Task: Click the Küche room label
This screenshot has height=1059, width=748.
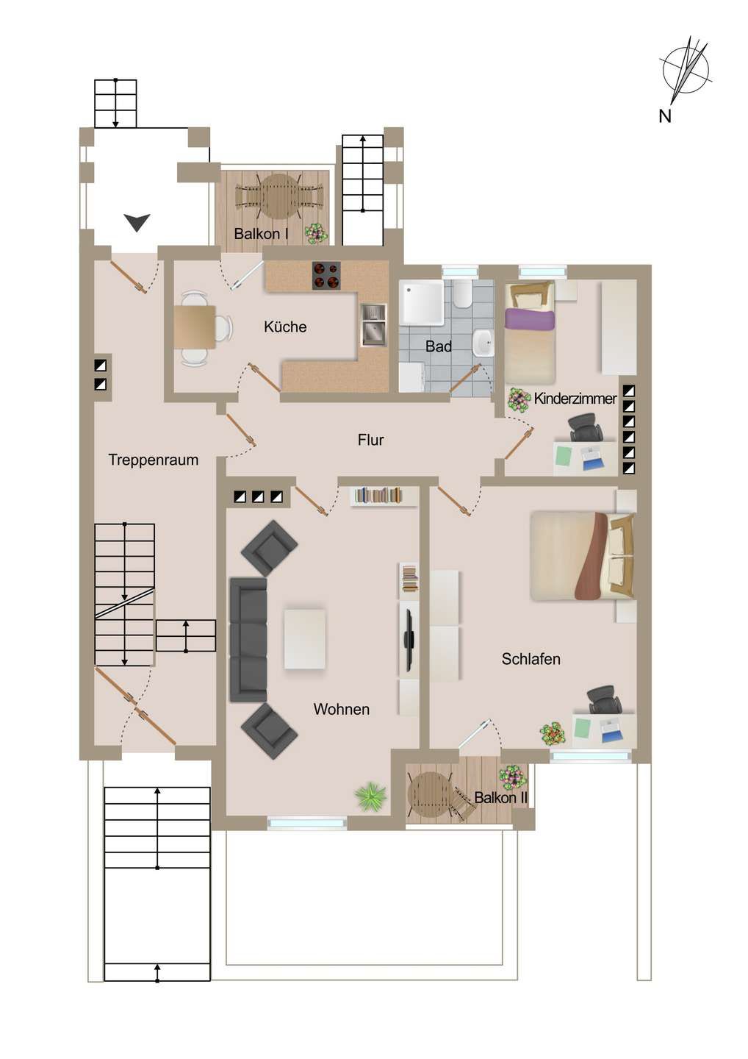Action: pyautogui.click(x=285, y=327)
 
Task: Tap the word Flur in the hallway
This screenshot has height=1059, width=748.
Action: pyautogui.click(x=370, y=440)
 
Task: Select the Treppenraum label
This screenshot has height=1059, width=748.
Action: pyautogui.click(x=153, y=460)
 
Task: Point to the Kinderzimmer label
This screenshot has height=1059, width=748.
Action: pyautogui.click(x=575, y=399)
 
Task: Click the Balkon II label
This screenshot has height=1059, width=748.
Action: pyautogui.click(x=500, y=797)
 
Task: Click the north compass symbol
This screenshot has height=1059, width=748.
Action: pyautogui.click(x=685, y=71)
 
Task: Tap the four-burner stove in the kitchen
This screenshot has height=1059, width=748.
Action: pyautogui.click(x=326, y=276)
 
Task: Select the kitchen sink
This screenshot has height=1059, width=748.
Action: pyautogui.click(x=373, y=325)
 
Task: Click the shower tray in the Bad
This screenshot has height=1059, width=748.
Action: pyautogui.click(x=421, y=302)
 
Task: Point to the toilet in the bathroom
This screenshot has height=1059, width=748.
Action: pyautogui.click(x=462, y=293)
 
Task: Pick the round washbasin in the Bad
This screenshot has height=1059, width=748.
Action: pyautogui.click(x=483, y=343)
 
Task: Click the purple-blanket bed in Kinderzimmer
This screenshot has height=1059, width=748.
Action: pyautogui.click(x=529, y=331)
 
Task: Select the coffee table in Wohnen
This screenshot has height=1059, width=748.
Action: pyautogui.click(x=304, y=638)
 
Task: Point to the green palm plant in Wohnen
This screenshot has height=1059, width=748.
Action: pyautogui.click(x=370, y=796)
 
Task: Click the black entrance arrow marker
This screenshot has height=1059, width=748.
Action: pyautogui.click(x=137, y=221)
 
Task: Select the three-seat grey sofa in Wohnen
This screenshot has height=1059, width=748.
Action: pyautogui.click(x=248, y=639)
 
